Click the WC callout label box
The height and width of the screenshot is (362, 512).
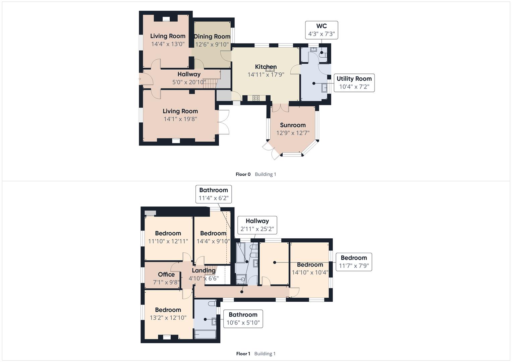click(x=321, y=30)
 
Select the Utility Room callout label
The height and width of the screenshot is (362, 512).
click(x=354, y=83)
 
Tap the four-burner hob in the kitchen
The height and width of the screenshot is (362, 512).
click(x=256, y=98)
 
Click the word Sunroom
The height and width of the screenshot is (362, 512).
click(x=293, y=125)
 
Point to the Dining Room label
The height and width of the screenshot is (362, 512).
click(x=212, y=37)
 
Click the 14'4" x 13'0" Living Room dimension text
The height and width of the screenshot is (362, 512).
click(x=168, y=44)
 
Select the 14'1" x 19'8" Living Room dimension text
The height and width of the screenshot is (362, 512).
click(x=180, y=119)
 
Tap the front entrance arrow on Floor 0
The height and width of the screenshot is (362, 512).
click(x=140, y=79)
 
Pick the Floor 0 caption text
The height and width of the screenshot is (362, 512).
click(x=243, y=174)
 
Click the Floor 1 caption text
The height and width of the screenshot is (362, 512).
click(x=243, y=354)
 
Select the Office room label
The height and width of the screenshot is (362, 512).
click(x=166, y=275)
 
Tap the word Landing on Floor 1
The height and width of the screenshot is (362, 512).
click(x=204, y=270)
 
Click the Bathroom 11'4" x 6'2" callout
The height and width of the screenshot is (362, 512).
click(x=214, y=194)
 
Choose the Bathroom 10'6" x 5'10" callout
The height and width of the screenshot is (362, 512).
click(x=243, y=319)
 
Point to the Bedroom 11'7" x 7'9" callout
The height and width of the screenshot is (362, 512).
click(x=353, y=262)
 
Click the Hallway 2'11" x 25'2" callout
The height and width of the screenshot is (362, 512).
click(x=257, y=225)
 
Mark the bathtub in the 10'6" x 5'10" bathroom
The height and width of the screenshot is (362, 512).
click(x=205, y=334)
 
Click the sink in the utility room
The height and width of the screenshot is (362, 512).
click(x=324, y=88)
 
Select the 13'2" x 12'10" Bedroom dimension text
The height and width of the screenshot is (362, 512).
click(x=168, y=318)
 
